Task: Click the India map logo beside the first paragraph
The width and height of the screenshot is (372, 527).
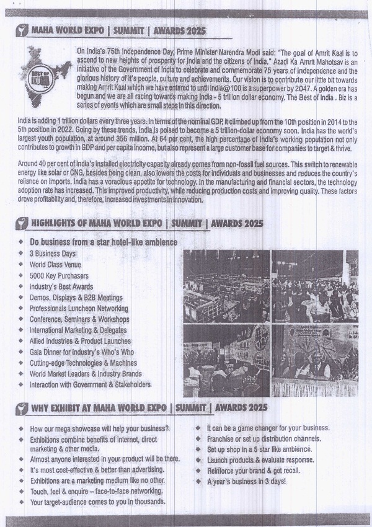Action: coord(45,77)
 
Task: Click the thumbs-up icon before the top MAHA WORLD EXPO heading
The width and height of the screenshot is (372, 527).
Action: coord(23,31)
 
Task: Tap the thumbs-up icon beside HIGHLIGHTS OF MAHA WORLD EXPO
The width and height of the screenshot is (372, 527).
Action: coord(23,223)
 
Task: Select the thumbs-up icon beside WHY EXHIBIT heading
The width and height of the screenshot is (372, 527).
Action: coord(23,407)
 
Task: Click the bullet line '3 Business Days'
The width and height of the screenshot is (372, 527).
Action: coord(53,254)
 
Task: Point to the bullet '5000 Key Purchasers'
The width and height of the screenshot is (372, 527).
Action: coord(59,276)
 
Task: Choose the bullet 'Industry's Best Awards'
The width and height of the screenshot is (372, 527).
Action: coord(61,287)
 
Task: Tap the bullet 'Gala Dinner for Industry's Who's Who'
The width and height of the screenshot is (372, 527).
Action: coord(82,352)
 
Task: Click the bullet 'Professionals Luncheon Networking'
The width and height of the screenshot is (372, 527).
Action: coord(79,309)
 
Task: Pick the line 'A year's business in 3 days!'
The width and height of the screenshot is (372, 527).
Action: coord(247,482)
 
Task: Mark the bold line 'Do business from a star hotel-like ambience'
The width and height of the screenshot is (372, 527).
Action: coord(104,242)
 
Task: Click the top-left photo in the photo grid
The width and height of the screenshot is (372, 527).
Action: coord(226,286)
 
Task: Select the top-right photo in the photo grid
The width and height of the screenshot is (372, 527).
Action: coord(315,286)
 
